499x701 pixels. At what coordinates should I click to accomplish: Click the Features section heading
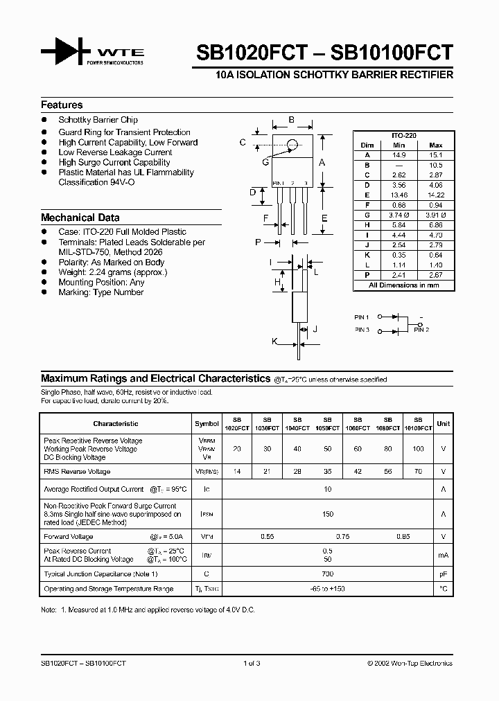62,105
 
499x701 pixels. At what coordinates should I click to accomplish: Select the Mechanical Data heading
80,218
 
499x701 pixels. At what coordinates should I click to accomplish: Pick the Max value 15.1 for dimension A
436,155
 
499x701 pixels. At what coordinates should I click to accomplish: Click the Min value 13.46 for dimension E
399,196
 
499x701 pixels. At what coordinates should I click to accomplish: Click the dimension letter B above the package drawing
292,120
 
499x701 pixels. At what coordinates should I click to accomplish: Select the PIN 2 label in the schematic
421,330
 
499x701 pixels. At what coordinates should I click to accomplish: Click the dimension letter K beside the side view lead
274,341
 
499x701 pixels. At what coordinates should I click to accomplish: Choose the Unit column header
443,423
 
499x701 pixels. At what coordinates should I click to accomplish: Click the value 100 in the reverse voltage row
417,449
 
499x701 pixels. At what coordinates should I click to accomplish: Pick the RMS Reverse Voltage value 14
237,471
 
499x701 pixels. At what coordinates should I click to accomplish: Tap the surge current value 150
327,514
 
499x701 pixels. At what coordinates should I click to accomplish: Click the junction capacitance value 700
327,574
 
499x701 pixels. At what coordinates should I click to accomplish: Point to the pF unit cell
443,574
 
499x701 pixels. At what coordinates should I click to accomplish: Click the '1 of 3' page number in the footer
252,663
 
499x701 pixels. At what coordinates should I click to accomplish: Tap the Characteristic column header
116,423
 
